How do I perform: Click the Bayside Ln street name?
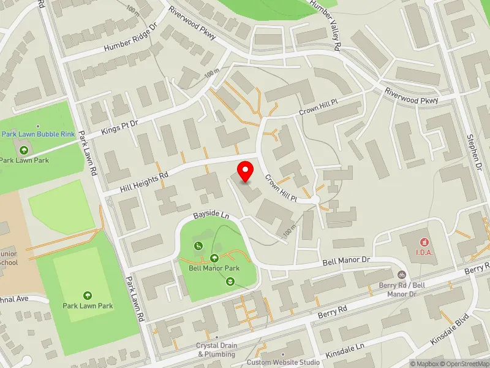click(211, 216)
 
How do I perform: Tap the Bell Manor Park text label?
click(214, 269)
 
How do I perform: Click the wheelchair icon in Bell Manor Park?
click(198, 246)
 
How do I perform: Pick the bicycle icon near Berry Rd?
click(402, 275)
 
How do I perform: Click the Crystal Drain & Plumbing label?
click(216, 350)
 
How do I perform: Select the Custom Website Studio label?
click(284, 362)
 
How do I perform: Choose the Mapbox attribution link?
click(425, 364)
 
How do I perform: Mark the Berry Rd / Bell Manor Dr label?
click(402, 290)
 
